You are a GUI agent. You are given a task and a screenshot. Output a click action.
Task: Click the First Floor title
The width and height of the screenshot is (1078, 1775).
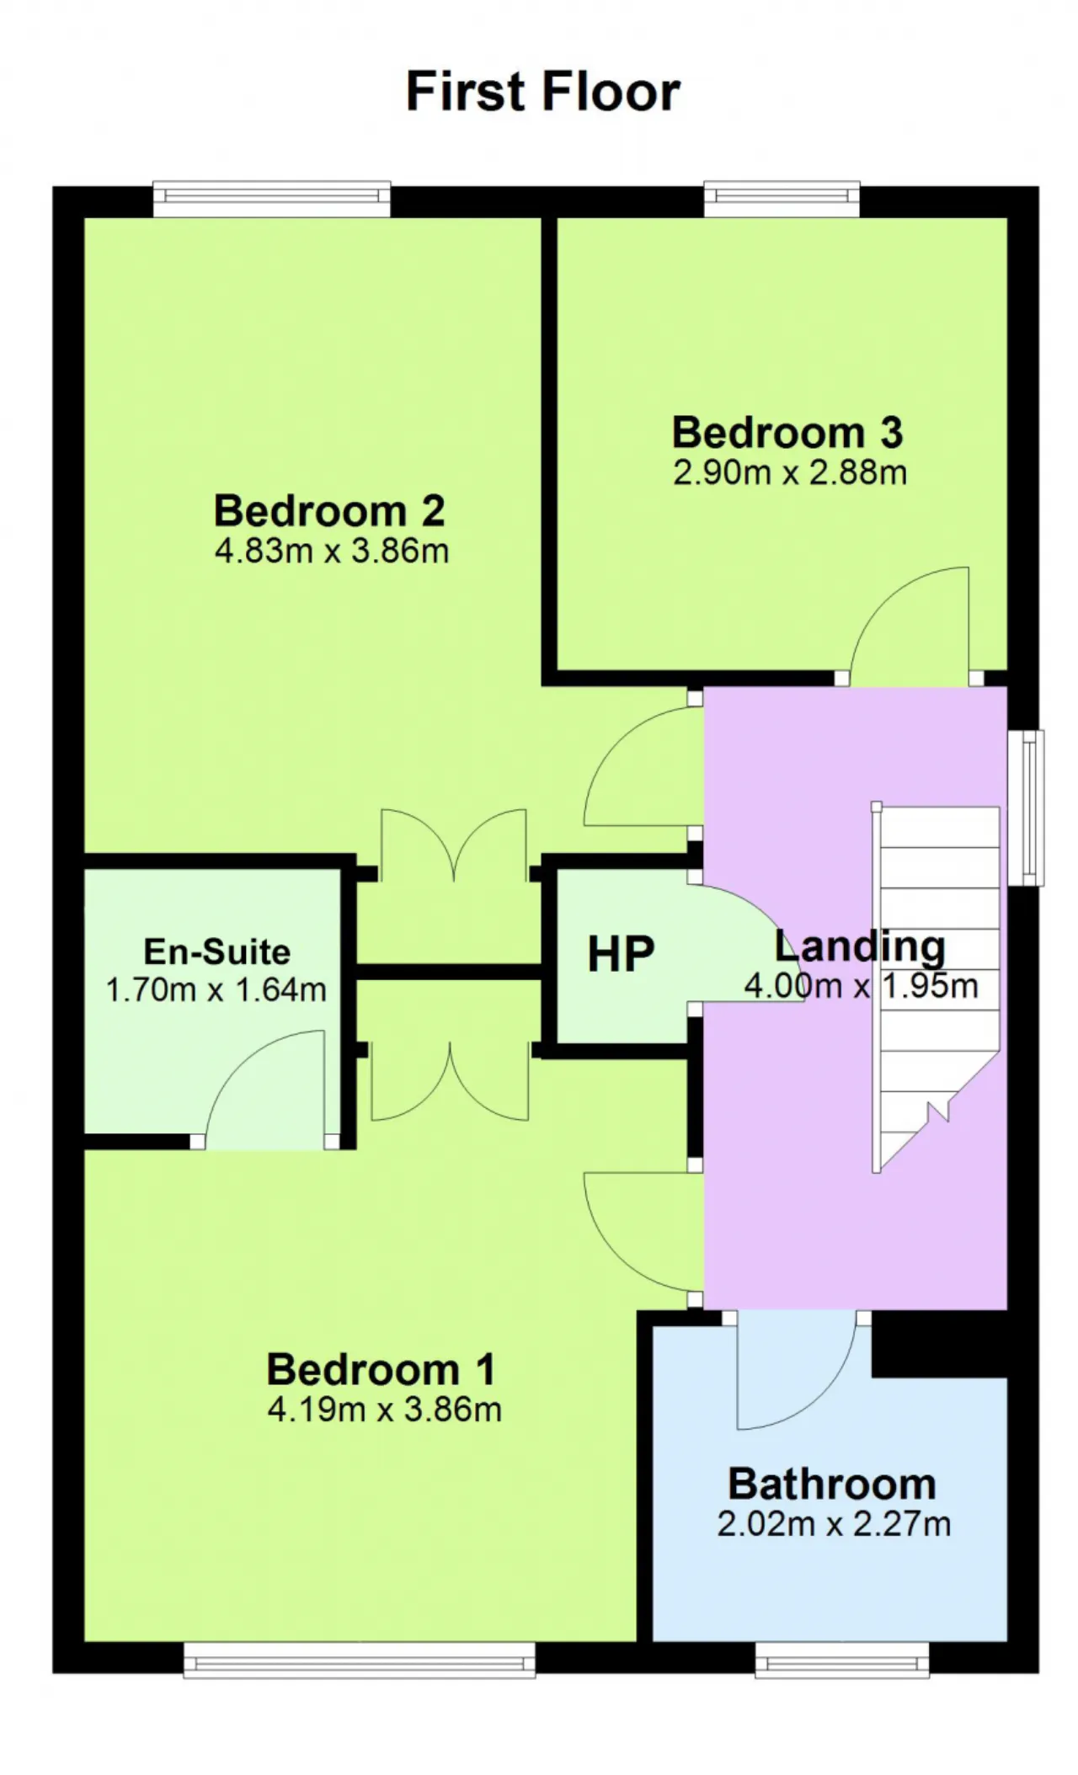[x=542, y=91]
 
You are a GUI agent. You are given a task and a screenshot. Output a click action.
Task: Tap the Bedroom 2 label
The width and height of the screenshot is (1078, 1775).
[x=329, y=510]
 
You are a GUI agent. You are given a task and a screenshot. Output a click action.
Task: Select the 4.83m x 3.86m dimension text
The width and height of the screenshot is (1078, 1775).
[x=332, y=551]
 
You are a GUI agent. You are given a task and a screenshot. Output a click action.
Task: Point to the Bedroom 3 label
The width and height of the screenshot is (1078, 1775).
[x=787, y=433]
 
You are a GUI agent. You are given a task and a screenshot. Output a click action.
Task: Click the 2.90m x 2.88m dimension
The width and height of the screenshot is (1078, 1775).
[x=790, y=472]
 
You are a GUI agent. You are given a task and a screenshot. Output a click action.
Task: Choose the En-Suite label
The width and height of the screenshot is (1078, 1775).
[x=217, y=951]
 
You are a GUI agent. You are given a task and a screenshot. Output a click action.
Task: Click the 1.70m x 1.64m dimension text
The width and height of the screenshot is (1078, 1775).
[x=216, y=989]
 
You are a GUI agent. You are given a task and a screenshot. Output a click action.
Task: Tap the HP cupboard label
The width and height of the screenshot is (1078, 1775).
[x=621, y=954]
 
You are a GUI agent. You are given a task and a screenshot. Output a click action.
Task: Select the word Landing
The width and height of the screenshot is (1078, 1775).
[x=860, y=947]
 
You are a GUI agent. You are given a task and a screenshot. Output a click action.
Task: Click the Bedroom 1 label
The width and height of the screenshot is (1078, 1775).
[x=382, y=1369]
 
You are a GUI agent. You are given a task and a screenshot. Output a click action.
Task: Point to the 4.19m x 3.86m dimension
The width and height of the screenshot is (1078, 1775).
[x=385, y=1409]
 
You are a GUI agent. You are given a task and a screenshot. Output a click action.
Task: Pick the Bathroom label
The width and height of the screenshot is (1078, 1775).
[x=832, y=1484]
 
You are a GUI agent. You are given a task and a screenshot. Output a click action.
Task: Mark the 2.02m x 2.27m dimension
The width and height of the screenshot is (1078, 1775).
[x=835, y=1523]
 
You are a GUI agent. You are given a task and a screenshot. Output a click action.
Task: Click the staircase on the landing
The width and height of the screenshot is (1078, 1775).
[x=937, y=986]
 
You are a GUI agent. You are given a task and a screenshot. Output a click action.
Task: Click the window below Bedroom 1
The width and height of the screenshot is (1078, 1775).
[x=360, y=1659]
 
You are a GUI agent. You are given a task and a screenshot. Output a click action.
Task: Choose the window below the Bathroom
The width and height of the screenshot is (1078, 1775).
[x=842, y=1659]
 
